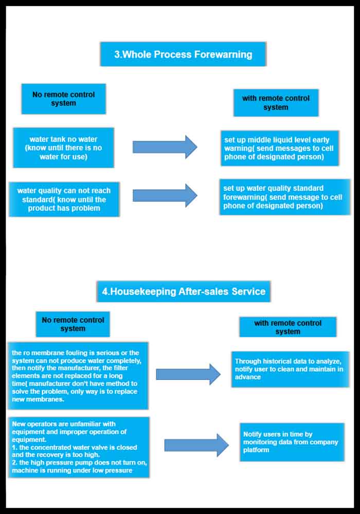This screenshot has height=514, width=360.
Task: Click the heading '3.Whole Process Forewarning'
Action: coord(183,54)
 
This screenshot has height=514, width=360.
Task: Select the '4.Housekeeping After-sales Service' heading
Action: coord(183,291)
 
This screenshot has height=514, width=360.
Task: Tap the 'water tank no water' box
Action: coord(63,148)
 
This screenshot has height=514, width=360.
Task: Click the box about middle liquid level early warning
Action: coord(279,148)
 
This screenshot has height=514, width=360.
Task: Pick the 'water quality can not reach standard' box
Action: coord(64,199)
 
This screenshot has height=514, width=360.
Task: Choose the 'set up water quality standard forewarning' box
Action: coord(284,197)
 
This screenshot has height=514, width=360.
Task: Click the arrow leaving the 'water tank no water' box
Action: coord(165,147)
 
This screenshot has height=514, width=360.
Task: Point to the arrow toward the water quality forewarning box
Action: coord(165,195)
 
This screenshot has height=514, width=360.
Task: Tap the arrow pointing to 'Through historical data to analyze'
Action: coord(188,374)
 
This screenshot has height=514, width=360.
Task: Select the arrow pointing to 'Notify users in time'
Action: coord(196,445)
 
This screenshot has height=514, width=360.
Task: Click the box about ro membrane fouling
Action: coord(78,376)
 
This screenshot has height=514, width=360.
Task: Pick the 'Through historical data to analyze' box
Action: coord(290,369)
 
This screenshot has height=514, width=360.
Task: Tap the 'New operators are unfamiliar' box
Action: coord(79,447)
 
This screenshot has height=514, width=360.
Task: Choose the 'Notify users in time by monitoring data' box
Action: coord(292,442)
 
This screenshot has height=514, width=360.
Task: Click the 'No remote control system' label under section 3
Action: coord(64,99)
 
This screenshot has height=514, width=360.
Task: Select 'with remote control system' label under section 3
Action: coord(276,103)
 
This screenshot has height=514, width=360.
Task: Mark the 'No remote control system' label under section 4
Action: coord(73,324)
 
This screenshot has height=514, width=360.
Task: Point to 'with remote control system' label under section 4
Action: coord(287,327)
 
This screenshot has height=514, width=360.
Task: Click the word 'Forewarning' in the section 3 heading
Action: coord(225,54)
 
